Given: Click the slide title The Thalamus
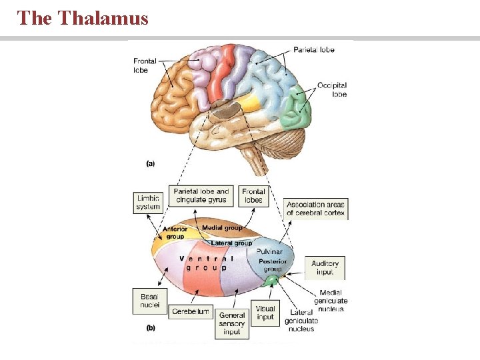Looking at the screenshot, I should tap(83, 18).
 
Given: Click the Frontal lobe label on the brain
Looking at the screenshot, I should tap(145, 65).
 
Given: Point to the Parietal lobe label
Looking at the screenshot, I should tap(313, 49).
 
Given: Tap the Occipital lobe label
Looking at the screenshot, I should tap(332, 90).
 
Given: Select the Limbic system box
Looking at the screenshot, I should tap(148, 203).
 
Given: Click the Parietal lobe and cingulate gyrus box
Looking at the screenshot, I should tap(201, 195).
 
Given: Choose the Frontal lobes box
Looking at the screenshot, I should tap(253, 195).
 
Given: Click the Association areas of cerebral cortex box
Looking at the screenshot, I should tap(316, 209).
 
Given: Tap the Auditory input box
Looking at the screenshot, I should tap(325, 268).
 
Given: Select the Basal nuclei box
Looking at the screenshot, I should tap(149, 301).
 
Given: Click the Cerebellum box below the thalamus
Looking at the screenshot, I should tap(191, 311).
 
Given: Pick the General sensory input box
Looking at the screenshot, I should tap(233, 323).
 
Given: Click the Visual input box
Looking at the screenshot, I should tap(265, 313).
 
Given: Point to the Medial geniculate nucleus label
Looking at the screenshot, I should tap(331, 301).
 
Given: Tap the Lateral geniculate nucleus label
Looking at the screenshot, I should tap(301, 321).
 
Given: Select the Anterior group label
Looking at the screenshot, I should tap(175, 233).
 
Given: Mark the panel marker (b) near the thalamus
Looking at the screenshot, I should tap(151, 328).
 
